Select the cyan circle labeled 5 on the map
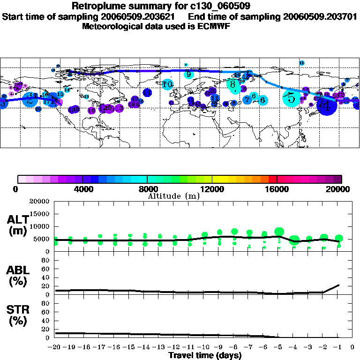point(292,98)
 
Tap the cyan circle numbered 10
point(168,84)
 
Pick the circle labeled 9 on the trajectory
point(189,74)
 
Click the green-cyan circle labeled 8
point(233,84)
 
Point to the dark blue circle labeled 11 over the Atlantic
point(147,93)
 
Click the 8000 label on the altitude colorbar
point(147,189)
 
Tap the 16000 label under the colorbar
point(277,189)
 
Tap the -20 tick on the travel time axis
point(55,347)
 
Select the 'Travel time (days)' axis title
point(205,356)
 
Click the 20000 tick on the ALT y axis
point(40,202)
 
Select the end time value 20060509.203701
point(320,16)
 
